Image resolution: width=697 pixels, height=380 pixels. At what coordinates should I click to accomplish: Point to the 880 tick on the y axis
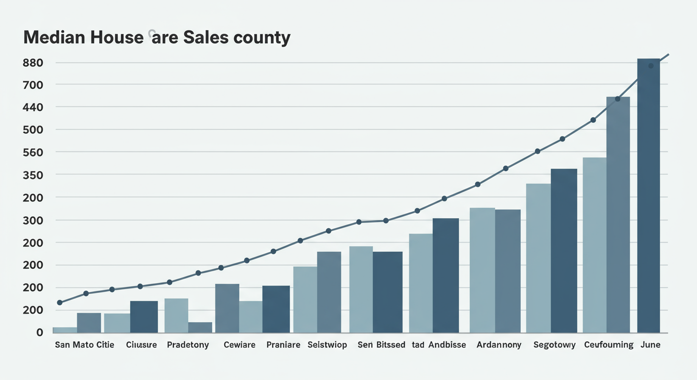point(33,63)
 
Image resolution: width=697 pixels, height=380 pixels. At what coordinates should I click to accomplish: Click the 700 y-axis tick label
point(33,85)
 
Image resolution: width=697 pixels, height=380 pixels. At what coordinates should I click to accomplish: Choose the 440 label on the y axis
point(33,107)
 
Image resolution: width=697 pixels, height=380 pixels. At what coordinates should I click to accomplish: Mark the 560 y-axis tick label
point(33,152)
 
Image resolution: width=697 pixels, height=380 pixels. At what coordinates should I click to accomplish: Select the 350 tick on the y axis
point(33,175)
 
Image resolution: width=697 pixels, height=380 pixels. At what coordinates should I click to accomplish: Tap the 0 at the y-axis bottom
point(39,332)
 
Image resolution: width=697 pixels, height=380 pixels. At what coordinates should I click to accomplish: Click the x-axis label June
point(650,345)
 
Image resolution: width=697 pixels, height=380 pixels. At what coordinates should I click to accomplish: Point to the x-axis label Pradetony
point(188,345)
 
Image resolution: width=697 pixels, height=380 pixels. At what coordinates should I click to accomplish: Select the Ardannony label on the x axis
point(498,345)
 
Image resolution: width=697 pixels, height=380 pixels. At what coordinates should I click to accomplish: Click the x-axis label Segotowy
point(554,345)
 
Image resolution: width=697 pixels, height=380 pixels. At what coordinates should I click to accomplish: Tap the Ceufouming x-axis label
point(609,345)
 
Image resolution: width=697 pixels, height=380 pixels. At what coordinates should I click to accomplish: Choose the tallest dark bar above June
point(648,198)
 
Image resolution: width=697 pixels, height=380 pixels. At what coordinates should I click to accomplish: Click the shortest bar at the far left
point(64,330)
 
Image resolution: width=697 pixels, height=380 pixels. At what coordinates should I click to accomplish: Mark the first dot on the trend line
point(60,302)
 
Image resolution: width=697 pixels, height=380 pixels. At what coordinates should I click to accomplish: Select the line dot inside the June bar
point(650,66)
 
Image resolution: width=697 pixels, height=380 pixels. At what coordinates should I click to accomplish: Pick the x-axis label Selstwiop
point(327,345)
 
